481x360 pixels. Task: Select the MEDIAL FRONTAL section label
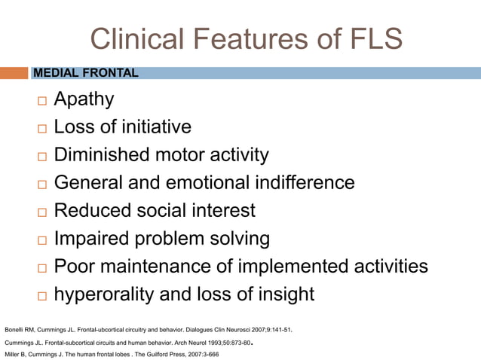pos(85,73)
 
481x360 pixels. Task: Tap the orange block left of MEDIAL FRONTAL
pos(14,73)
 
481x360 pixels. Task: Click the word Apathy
pos(84,99)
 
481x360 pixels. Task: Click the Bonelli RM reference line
pos(148,330)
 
